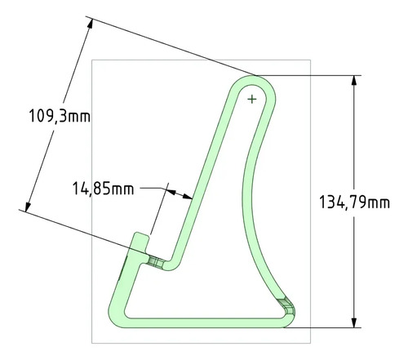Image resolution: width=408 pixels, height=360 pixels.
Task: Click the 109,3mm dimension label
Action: [x=60, y=116]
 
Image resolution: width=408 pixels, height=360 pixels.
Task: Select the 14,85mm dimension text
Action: [x=104, y=189]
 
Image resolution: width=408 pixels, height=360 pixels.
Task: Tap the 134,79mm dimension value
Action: [x=354, y=202]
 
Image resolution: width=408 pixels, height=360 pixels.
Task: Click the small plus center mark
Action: [x=252, y=100]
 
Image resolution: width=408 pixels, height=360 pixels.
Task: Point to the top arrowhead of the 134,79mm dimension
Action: [x=354, y=80]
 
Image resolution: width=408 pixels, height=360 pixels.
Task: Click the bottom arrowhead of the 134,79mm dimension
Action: [x=354, y=322]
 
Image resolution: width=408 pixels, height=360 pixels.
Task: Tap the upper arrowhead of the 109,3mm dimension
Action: [x=91, y=24]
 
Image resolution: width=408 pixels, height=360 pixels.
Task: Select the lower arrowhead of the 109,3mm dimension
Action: [x=28, y=207]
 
